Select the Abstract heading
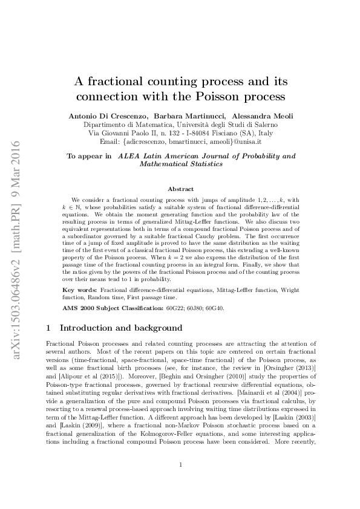(x=180, y=189)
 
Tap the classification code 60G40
(x=214, y=308)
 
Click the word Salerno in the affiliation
(x=261, y=124)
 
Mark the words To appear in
(x=89, y=156)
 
